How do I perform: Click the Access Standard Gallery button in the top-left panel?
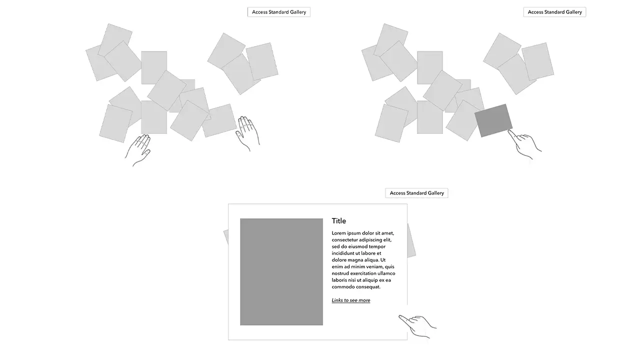coord(278,12)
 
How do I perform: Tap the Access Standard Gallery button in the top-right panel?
coord(554,12)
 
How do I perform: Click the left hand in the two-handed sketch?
coord(139,148)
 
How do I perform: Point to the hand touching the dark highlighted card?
coord(525,144)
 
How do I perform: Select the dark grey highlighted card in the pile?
coord(493,120)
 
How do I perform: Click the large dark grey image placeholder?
coord(281,271)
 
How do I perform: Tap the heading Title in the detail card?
coord(338,221)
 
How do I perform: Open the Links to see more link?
coord(350,300)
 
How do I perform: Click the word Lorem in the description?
coord(339,233)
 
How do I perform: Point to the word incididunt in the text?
coord(344,253)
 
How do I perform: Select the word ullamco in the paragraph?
coord(386,273)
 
